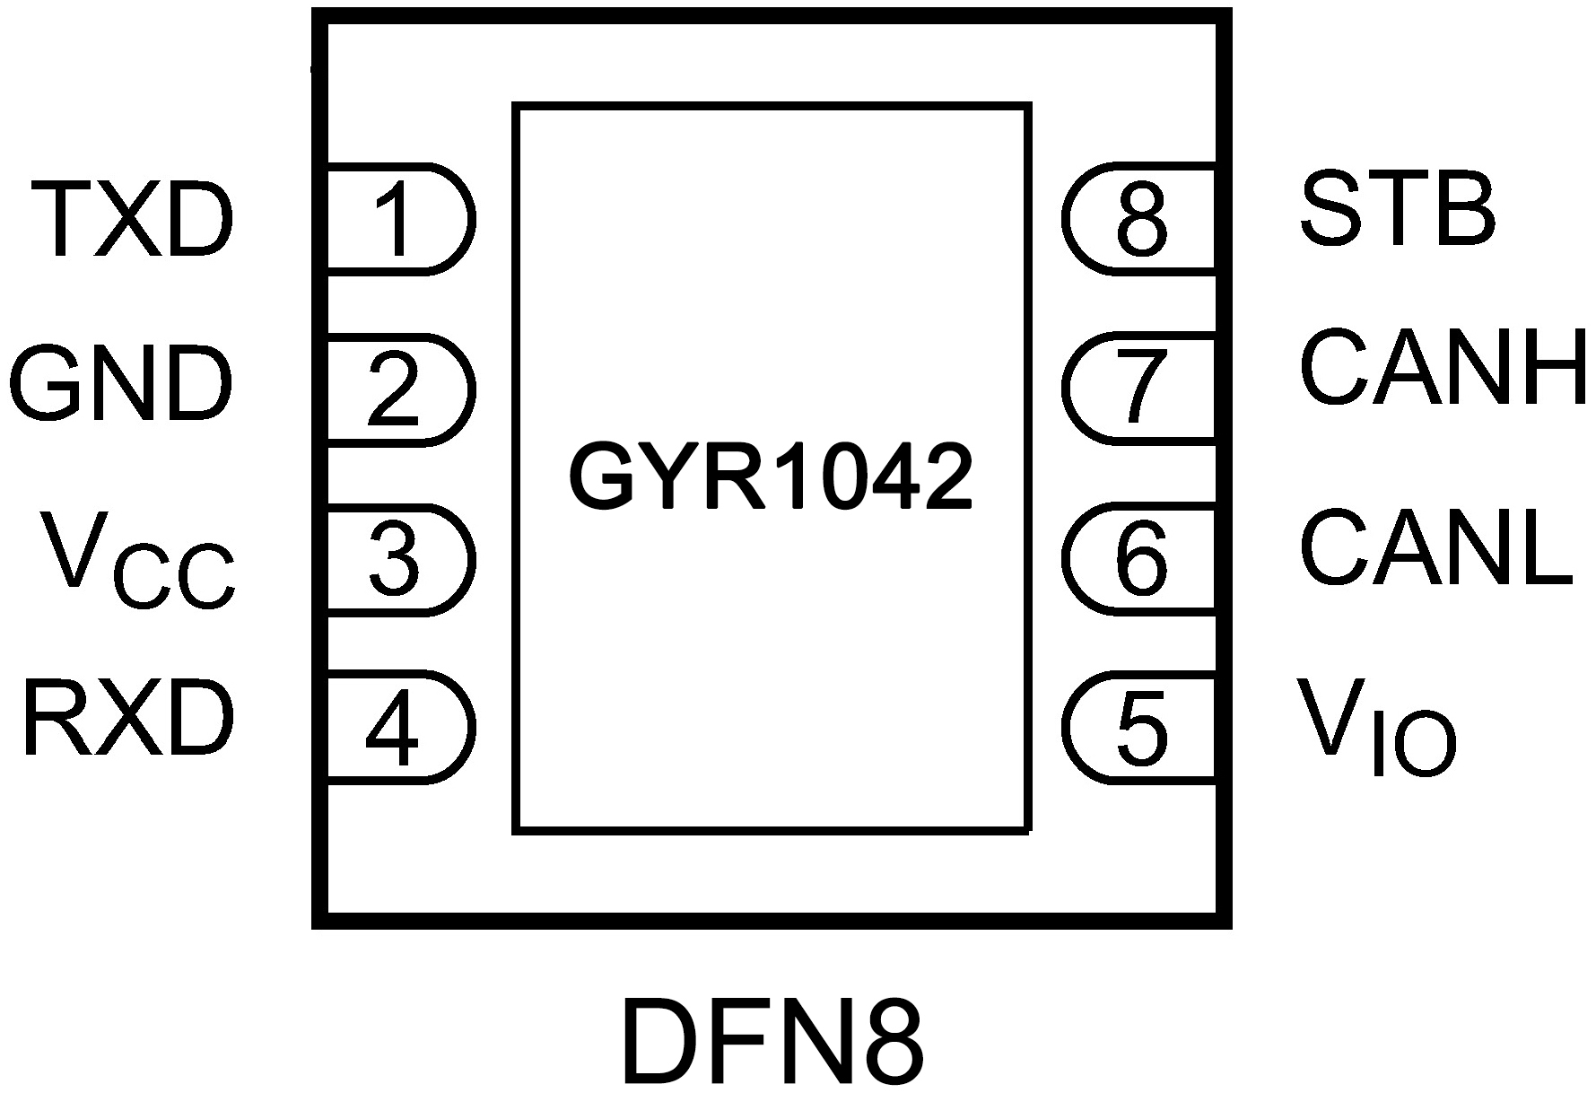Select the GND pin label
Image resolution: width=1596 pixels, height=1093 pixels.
click(x=121, y=386)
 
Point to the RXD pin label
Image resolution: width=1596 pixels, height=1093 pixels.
click(x=128, y=720)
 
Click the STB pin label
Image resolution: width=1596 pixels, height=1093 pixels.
click(x=1398, y=211)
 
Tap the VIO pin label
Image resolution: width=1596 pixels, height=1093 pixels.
click(x=1377, y=727)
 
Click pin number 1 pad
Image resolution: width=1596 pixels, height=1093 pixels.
click(x=395, y=218)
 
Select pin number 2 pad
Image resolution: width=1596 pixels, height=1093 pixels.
click(x=395, y=389)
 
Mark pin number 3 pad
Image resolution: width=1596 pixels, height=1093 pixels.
click(x=395, y=560)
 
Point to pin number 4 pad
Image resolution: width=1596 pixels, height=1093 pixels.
click(x=395, y=727)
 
